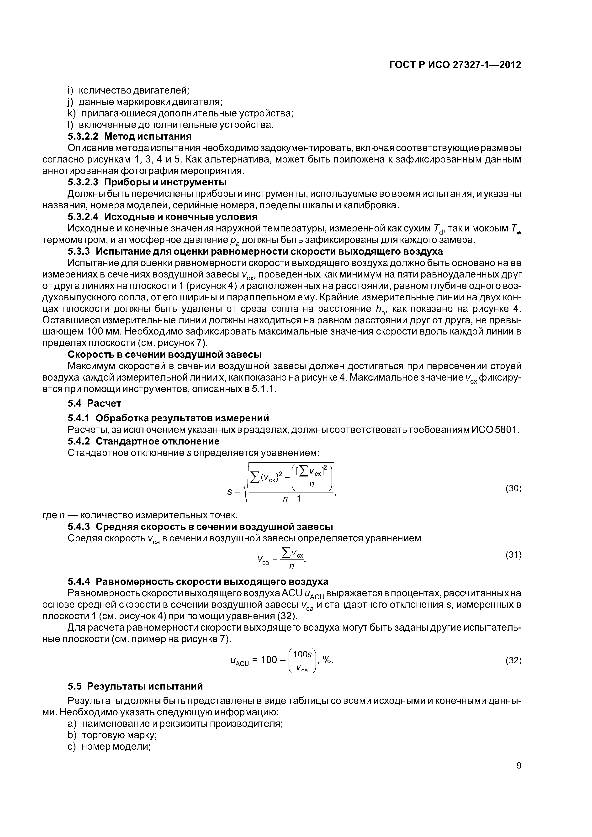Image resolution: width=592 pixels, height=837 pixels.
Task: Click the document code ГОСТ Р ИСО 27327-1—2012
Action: (455, 65)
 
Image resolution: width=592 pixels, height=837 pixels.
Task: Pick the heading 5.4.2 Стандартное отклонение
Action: (143, 441)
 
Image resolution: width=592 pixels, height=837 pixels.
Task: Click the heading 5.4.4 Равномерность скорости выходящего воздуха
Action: (198, 582)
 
